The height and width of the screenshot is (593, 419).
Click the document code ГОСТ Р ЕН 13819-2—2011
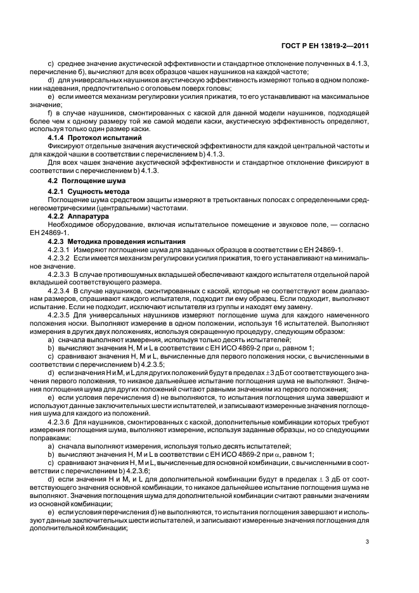click(334, 45)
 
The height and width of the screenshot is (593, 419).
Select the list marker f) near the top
click(51, 112)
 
